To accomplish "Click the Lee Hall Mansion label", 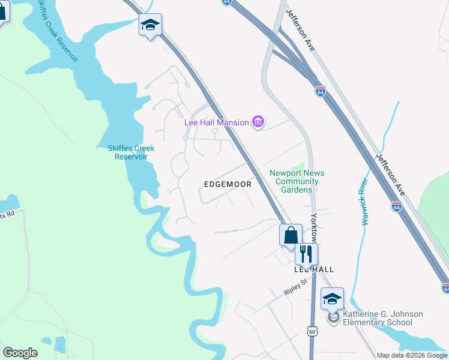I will point(216,123).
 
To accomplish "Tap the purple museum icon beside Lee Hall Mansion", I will point(259,122).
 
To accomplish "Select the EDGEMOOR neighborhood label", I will point(227,185).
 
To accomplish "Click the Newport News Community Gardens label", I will point(294,181).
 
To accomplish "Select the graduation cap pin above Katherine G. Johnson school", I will point(332,298).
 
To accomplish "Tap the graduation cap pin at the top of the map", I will point(150,25).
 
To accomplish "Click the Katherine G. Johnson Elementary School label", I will point(382,318).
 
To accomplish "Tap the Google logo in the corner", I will point(20,353).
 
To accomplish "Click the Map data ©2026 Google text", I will point(412,355).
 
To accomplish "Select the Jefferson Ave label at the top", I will point(300,29).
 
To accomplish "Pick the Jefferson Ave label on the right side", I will point(391,175).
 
